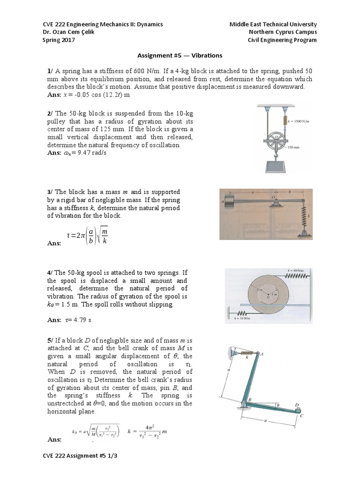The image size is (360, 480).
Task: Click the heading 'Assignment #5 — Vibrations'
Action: (x=180, y=55)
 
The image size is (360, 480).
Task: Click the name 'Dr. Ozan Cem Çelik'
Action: (x=71, y=32)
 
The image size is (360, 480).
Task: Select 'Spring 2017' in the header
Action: (x=59, y=40)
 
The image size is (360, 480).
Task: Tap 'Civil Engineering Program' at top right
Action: (x=282, y=40)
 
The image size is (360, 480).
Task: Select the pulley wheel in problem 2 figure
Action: (x=277, y=138)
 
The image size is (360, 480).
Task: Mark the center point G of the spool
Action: (x=269, y=294)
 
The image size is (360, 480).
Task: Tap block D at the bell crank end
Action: (x=297, y=409)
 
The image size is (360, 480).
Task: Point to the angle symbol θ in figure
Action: (x=277, y=403)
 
